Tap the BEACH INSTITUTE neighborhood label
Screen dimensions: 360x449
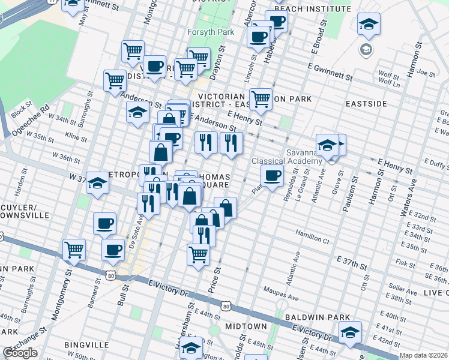coord(312,9)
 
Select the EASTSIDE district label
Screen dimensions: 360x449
coord(366,104)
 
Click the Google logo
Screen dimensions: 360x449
coord(20,353)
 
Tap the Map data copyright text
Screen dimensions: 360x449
coord(423,355)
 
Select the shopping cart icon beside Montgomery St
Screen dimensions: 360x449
coord(74,248)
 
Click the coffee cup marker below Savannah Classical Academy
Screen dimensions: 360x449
coord(272,176)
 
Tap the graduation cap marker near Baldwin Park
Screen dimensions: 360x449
coord(350,331)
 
